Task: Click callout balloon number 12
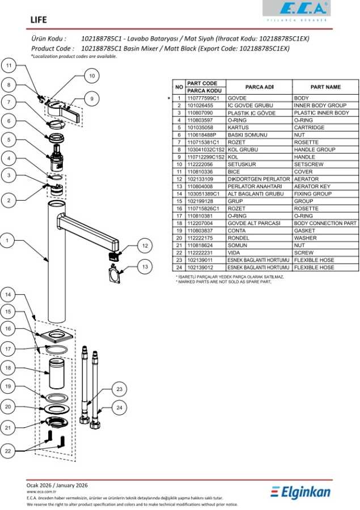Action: click(x=145, y=245)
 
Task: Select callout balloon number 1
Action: click(x=8, y=240)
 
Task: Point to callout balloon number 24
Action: click(x=119, y=407)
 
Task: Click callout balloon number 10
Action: click(x=92, y=76)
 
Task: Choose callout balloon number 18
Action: click(x=8, y=368)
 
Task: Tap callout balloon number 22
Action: click(x=8, y=450)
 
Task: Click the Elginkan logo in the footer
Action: click(x=300, y=492)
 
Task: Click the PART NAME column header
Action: click(x=325, y=87)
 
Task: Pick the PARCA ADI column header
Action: click(x=259, y=87)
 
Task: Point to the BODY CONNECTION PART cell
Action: click(x=325, y=223)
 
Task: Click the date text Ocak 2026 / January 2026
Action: click(x=57, y=485)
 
